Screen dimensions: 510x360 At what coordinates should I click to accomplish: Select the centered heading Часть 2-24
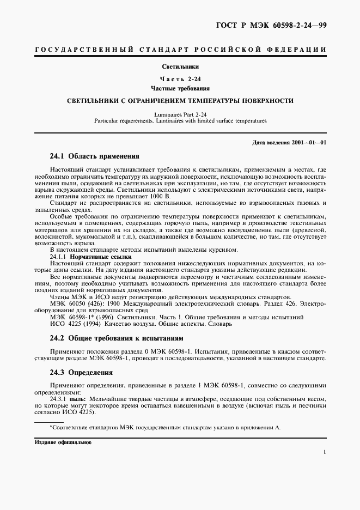coord(180,79)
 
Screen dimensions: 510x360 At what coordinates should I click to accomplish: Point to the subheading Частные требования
coord(180,88)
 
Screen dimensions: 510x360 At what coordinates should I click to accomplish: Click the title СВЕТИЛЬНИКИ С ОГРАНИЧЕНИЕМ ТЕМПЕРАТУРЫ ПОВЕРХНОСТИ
coord(180,101)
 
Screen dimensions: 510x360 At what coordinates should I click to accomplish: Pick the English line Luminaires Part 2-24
coord(180,115)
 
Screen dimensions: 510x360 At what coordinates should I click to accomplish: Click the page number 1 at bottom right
coord(324,452)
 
